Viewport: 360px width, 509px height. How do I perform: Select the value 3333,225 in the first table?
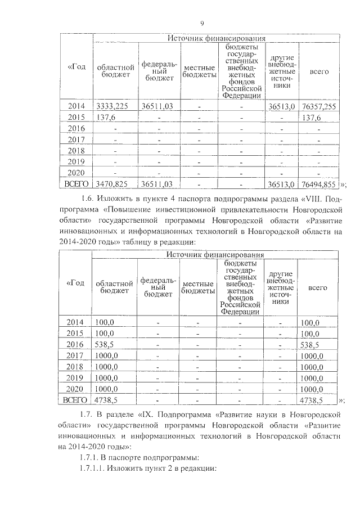coord(113,106)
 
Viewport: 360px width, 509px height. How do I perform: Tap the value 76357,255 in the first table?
coord(318,106)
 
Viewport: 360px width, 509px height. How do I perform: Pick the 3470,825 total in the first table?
coord(113,183)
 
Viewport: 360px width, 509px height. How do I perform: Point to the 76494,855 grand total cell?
coord(318,183)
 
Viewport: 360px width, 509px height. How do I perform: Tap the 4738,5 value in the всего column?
coord(311,400)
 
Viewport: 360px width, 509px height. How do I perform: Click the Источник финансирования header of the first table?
coord(216,38)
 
